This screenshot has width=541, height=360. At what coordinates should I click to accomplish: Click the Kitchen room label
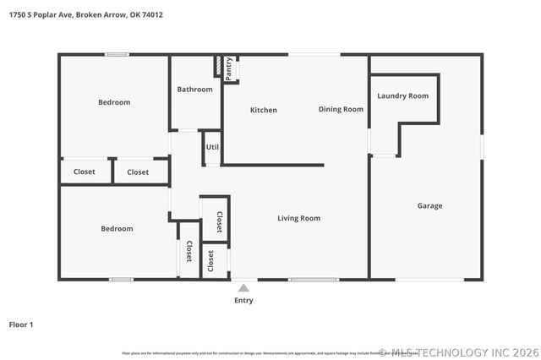coord(263,110)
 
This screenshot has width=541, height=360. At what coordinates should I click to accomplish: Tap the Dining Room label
coord(341,109)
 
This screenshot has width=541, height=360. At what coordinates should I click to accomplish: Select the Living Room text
coord(298,218)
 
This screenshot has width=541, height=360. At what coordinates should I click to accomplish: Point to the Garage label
coord(429,205)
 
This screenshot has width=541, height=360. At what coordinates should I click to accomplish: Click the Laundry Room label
coord(402,95)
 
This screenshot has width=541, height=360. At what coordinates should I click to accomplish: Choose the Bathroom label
coord(194,89)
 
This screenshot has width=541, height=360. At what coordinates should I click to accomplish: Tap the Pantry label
coord(229,68)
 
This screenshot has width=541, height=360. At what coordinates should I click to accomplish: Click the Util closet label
coord(212,146)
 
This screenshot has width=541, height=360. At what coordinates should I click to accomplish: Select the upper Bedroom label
coord(114,102)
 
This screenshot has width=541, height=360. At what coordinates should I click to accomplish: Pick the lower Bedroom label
coord(117,228)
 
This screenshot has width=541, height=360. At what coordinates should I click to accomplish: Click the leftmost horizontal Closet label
coord(85,172)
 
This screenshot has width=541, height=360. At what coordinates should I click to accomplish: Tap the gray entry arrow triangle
coord(243,288)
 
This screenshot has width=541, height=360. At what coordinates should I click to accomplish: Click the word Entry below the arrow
coord(243,300)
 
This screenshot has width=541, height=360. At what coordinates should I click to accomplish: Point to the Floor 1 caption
coord(20,324)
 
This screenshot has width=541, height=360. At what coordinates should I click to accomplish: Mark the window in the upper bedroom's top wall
coord(117,56)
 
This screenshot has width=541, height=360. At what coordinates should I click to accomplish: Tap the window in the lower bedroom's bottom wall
coord(121,279)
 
